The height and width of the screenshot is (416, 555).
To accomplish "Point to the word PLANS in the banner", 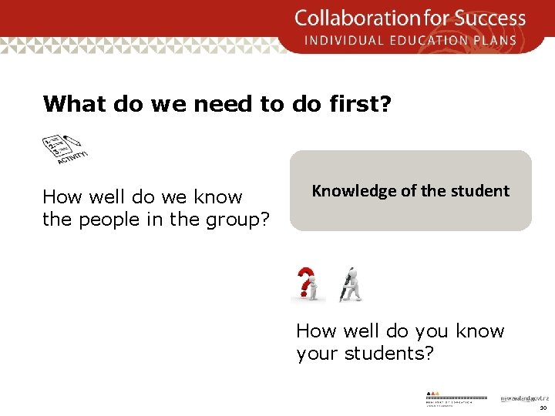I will [x=499, y=40].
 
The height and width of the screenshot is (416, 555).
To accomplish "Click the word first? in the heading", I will [x=358, y=104].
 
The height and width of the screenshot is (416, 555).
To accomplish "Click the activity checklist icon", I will [x=62, y=146].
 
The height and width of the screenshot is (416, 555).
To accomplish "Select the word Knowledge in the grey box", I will [x=353, y=191].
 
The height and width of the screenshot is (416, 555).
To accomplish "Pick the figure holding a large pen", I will [x=351, y=284].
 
